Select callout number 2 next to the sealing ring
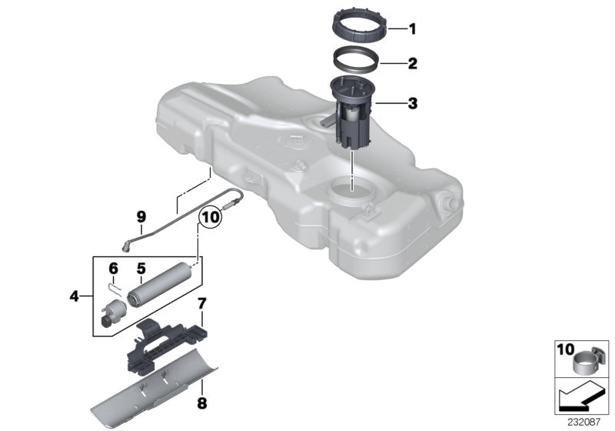pos(412,64)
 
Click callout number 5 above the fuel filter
pos(141,269)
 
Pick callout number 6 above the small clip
pos(113,269)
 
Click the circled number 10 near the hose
pos(209,218)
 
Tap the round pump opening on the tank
pos(350,189)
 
